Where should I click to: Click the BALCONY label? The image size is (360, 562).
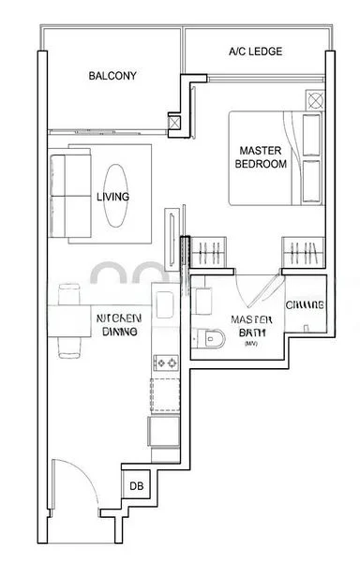[x=112, y=76]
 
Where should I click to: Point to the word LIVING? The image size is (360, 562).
[x=112, y=197]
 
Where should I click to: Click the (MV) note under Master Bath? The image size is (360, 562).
[x=249, y=344]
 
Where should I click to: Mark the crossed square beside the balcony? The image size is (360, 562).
[x=174, y=120]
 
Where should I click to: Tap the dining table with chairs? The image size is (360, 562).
[x=71, y=319]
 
